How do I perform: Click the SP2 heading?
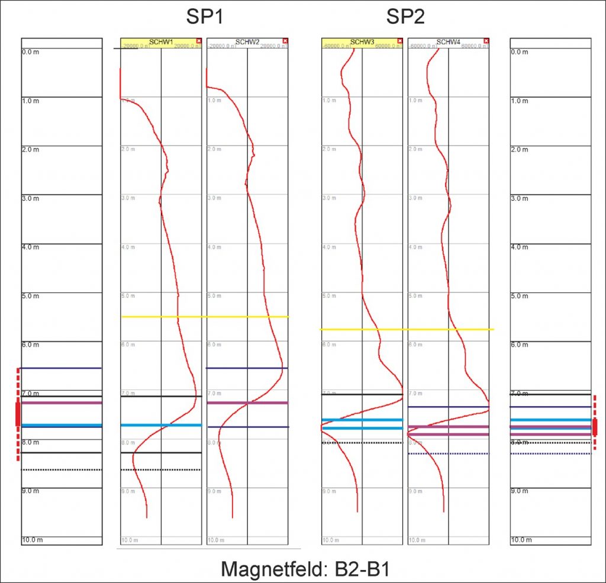click(405, 17)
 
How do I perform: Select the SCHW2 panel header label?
click(247, 41)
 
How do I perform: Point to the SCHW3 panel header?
click(362, 41)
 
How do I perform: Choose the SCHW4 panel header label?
click(448, 41)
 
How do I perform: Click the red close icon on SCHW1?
click(199, 41)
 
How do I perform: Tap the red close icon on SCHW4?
click(486, 41)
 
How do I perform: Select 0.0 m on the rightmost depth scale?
click(520, 52)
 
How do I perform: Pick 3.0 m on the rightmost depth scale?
click(520, 198)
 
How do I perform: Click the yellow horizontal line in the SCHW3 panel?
click(362, 329)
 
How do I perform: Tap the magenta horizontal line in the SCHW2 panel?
click(247, 403)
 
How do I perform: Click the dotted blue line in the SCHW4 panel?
click(448, 453)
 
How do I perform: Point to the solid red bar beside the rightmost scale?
click(595, 426)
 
